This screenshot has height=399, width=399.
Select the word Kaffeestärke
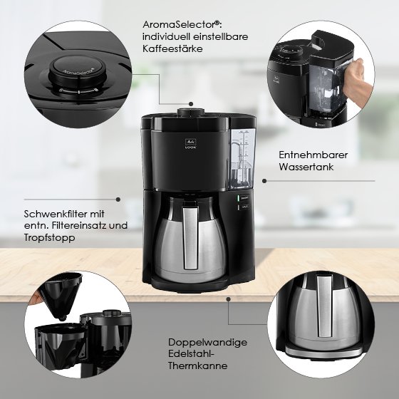(x=172, y=48)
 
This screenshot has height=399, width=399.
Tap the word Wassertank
(x=306, y=167)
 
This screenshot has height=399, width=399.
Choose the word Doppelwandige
(x=207, y=342)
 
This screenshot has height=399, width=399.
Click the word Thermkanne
(x=198, y=366)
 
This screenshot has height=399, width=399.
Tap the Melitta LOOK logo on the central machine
(x=191, y=144)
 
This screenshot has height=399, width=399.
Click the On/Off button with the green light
(x=243, y=198)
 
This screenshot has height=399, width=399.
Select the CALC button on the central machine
(x=243, y=207)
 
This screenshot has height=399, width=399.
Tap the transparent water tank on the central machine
(x=242, y=159)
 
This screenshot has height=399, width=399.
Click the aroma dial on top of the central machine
(x=191, y=112)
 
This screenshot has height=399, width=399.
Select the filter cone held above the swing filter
(x=61, y=295)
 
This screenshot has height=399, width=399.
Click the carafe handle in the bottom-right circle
(x=325, y=306)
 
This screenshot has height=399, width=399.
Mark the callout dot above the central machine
(x=191, y=104)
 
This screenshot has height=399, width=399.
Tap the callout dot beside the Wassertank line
(x=264, y=181)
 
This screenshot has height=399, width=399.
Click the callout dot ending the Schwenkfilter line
(x=118, y=199)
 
